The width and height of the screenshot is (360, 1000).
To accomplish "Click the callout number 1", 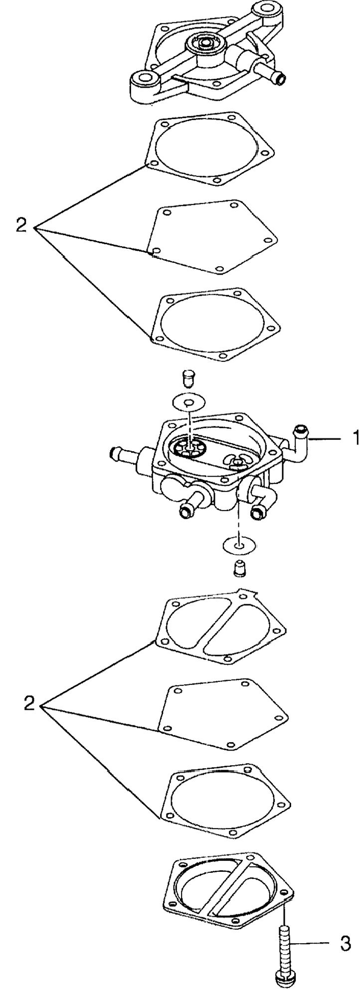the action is pyautogui.click(x=355, y=439).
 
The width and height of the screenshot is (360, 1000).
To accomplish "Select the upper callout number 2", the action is pyautogui.click(x=21, y=226).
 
